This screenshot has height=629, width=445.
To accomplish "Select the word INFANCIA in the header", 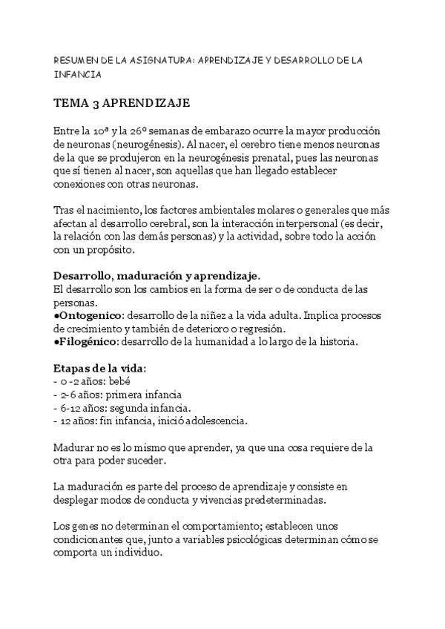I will (x=77, y=75).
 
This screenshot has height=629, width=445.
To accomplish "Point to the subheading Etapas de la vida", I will (x=99, y=369).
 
